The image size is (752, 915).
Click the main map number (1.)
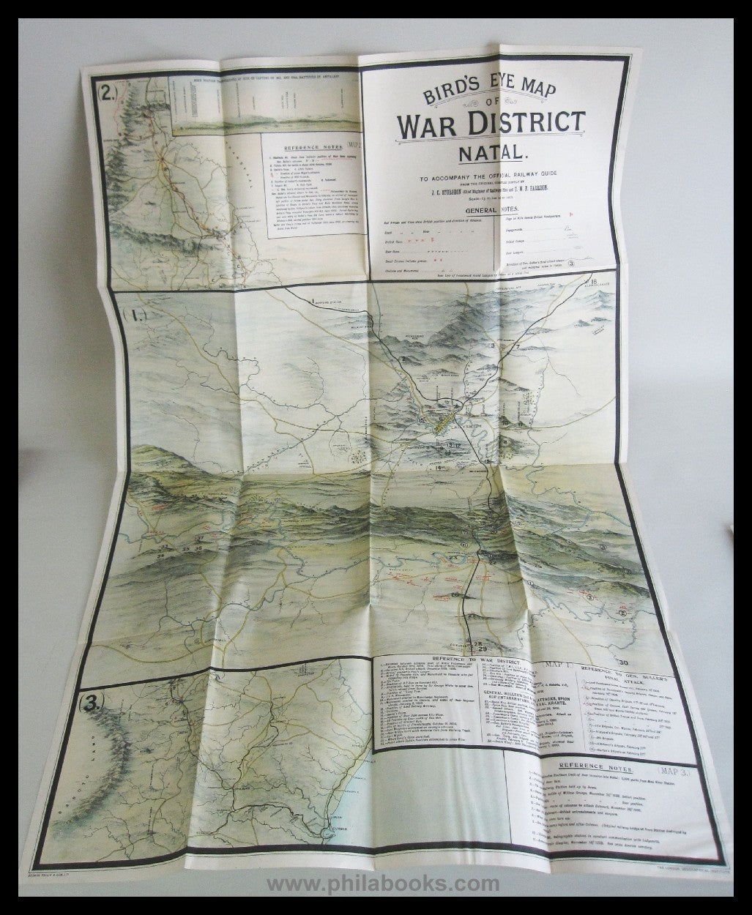point(136,318)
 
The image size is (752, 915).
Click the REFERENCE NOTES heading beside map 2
point(299,147)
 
